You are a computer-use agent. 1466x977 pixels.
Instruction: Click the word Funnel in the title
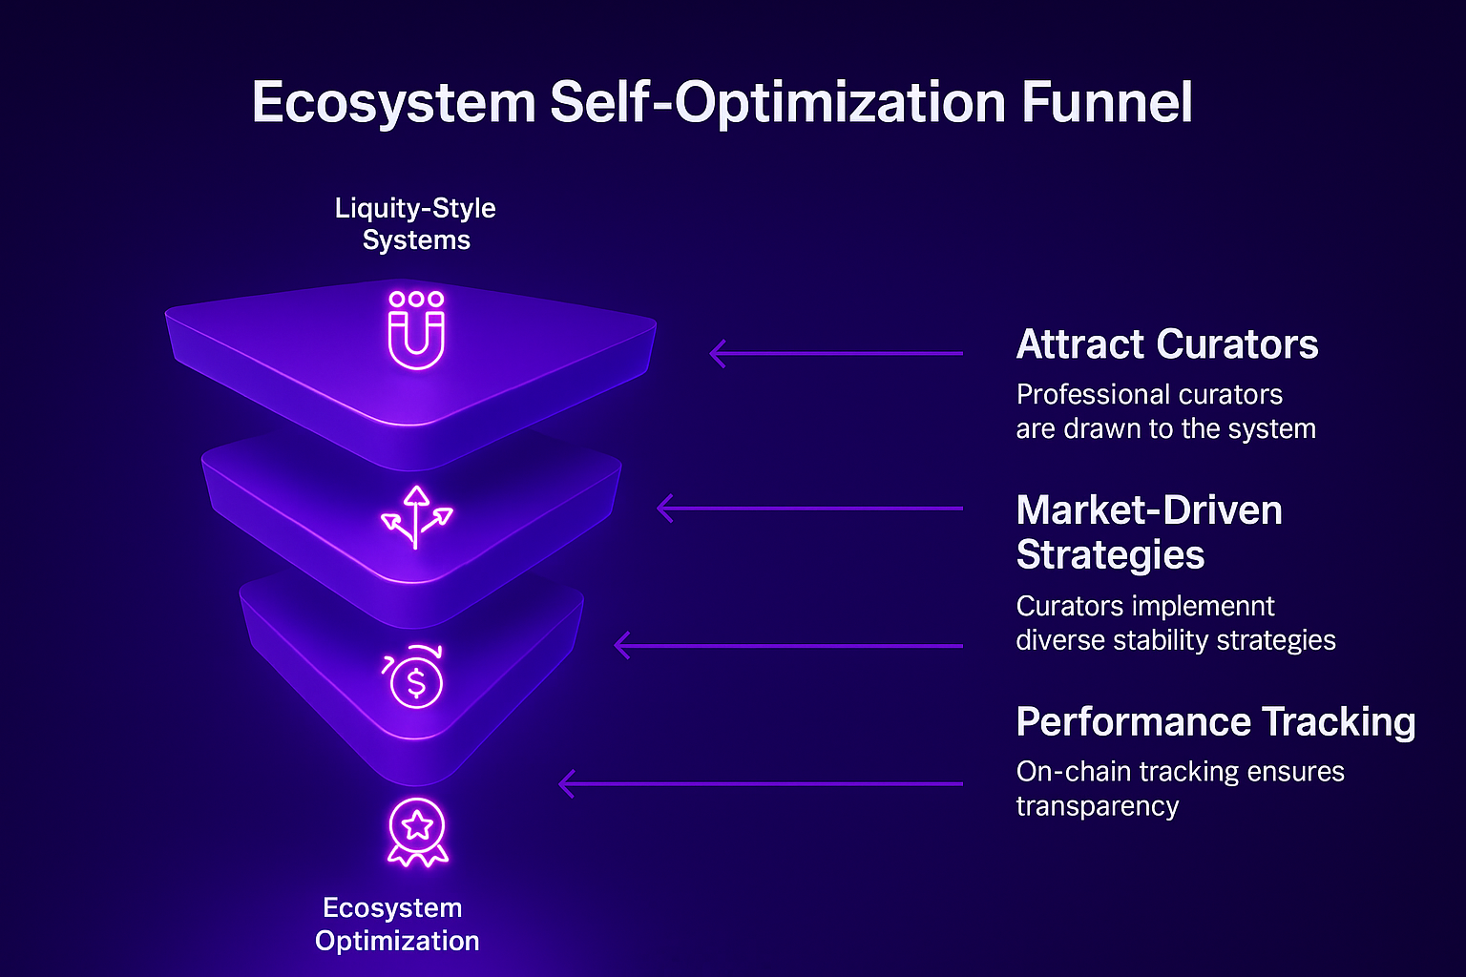tap(1107, 103)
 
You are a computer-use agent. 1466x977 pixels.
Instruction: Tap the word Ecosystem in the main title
tap(393, 103)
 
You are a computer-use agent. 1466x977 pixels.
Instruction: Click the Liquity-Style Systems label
tap(416, 223)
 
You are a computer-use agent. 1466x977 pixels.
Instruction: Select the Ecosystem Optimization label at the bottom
tap(396, 924)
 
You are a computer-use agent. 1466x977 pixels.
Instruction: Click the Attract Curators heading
tap(1166, 344)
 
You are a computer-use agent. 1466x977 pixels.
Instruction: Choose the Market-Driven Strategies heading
tap(1148, 532)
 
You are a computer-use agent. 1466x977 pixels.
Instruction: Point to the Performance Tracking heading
tap(1215, 722)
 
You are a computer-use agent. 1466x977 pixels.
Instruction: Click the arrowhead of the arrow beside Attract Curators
tap(717, 354)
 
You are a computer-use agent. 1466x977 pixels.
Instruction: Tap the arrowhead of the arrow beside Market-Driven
tap(664, 509)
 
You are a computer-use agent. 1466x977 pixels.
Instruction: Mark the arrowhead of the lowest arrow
tap(565, 784)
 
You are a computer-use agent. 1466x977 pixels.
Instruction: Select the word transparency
tap(1097, 806)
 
